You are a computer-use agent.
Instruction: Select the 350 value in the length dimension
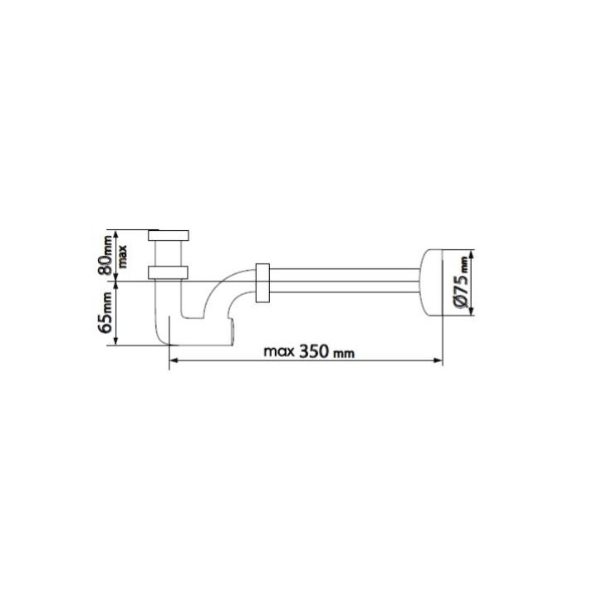pos(313,351)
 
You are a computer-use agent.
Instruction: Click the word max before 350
pos(279,351)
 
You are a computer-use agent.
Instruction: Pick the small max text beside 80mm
pos(123,257)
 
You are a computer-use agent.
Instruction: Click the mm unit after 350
pos(344,354)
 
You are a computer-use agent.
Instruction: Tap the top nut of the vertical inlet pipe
pos(169,235)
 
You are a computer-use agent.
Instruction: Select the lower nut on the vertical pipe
pos(168,272)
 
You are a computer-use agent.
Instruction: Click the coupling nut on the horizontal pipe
pos(262,282)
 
